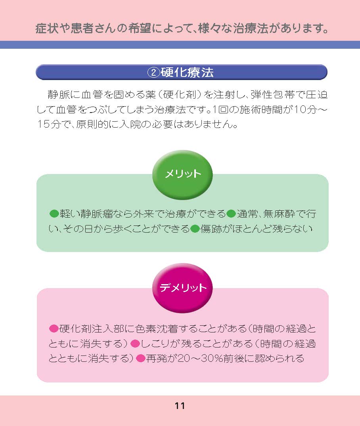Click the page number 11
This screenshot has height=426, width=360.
tap(180, 406)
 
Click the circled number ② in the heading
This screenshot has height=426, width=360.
tap(153, 72)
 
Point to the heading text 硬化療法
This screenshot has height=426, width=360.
tap(187, 72)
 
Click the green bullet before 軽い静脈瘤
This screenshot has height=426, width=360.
tap(54, 214)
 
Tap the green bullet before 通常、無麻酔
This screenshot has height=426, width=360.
tap(231, 214)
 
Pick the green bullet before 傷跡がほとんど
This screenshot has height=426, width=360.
tap(195, 229)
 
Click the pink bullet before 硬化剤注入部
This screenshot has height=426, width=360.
tap(54, 329)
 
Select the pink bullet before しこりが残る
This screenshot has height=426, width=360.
tap(135, 344)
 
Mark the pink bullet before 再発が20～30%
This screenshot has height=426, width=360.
tap(141, 359)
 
